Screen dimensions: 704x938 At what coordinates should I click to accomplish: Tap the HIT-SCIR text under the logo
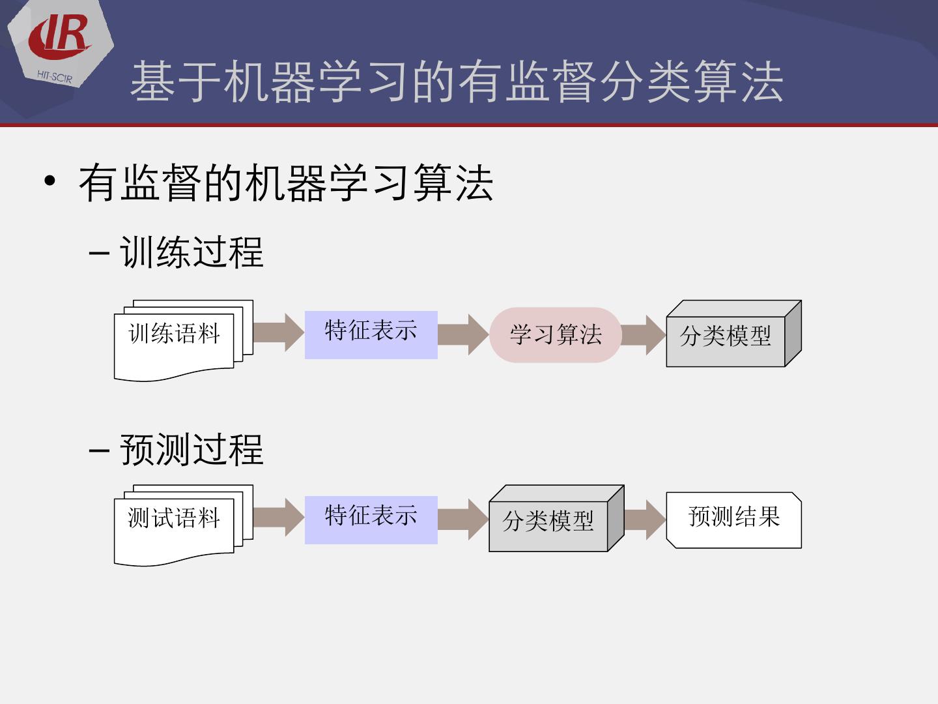55,77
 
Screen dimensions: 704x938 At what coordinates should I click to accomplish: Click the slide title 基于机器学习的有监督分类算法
456,83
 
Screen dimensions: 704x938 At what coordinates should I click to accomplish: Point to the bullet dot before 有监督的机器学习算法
50,182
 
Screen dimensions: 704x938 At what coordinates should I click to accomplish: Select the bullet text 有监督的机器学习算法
285,183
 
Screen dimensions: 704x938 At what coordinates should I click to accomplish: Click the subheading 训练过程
192,252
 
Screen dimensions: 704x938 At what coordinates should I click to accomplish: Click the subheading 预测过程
192,450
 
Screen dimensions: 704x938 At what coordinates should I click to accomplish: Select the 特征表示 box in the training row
371,334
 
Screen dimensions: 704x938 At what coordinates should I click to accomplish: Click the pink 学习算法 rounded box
556,334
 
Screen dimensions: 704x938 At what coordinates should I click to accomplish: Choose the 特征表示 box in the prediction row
371,520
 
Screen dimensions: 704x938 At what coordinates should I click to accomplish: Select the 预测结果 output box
733,520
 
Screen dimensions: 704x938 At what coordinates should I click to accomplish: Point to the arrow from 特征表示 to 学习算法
463,334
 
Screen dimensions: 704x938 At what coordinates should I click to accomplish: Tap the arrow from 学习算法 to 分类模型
644,334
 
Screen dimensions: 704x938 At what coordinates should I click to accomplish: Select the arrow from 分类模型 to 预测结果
645,520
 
